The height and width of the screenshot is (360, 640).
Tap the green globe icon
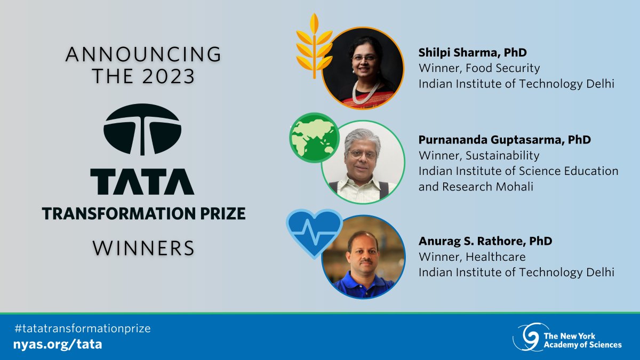click(314, 138)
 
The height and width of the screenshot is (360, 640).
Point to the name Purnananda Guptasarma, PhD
click(505, 140)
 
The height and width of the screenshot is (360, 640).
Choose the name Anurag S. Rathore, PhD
click(485, 241)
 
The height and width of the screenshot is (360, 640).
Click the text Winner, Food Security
click(479, 68)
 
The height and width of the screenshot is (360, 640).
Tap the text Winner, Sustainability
click(478, 156)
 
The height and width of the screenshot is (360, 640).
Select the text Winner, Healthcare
click(472, 257)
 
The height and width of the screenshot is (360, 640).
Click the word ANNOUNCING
click(143, 54)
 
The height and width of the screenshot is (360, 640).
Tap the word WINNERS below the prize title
click(143, 248)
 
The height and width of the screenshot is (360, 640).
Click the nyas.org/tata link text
click(59, 344)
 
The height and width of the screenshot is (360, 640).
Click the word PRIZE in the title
click(221, 214)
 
